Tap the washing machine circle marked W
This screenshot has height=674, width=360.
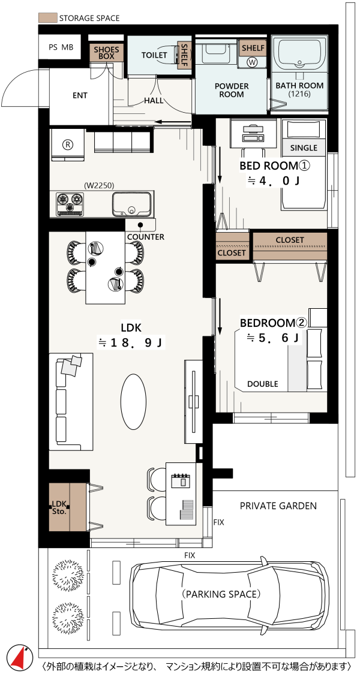[253, 62]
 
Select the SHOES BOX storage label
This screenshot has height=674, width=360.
[107, 52]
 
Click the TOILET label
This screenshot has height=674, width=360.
[154, 55]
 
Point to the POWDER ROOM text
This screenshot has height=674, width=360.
[232, 91]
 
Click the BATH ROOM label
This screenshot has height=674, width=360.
[300, 89]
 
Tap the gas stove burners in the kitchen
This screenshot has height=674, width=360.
[70, 204]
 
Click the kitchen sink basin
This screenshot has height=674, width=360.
[132, 204]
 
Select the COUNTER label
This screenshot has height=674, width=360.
[145, 237]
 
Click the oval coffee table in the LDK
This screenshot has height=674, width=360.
[133, 401]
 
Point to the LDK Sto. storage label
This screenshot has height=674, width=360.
[58, 508]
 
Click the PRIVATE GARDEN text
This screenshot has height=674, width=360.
[278, 506]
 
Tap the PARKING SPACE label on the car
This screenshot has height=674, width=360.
[221, 594]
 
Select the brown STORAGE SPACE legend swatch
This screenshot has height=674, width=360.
[47, 18]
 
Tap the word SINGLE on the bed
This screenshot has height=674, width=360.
[304, 148]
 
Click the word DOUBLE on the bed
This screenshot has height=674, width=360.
[262, 384]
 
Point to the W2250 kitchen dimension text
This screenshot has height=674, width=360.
[99, 186]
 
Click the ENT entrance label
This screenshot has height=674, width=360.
[80, 95]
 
